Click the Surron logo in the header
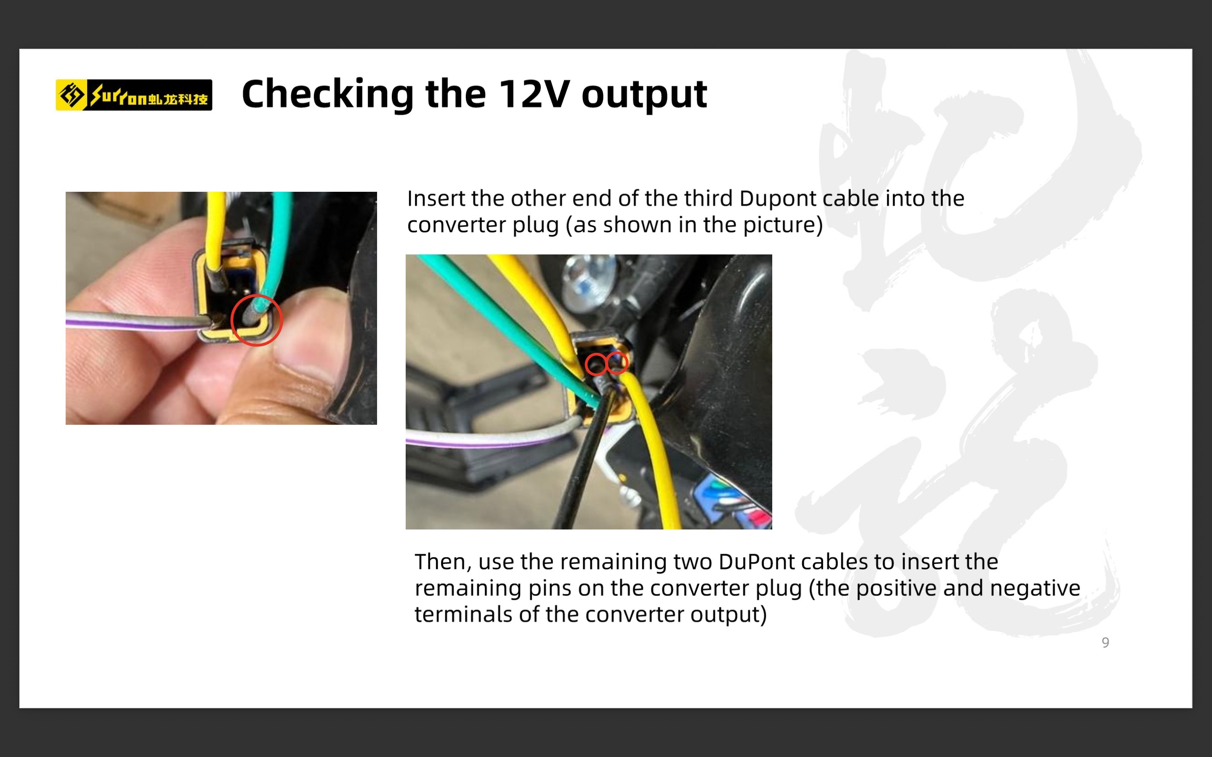tap(134, 95)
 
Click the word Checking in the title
tap(327, 94)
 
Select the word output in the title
tap(644, 95)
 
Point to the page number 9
tap(1106, 642)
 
